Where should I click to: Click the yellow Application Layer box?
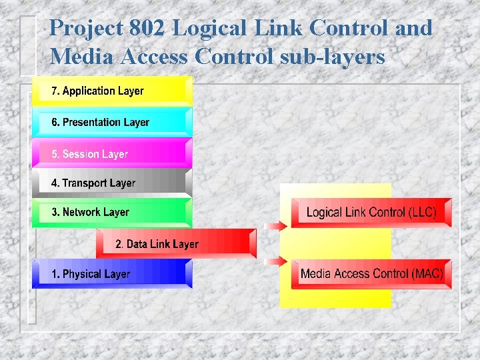[x=111, y=91]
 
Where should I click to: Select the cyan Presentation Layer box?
[x=111, y=122]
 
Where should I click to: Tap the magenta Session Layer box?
[x=111, y=153]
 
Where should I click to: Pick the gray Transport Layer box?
[x=111, y=183]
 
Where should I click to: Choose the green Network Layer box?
[x=111, y=212]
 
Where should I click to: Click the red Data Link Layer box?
[x=175, y=243]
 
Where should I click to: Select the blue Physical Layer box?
[x=111, y=273]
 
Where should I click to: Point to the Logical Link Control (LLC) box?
[x=371, y=213]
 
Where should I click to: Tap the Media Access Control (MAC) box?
[x=371, y=273]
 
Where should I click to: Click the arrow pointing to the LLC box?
[x=275, y=226]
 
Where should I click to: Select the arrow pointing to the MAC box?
[x=275, y=261]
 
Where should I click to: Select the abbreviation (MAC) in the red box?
[x=427, y=273]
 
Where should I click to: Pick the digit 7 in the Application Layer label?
[x=55, y=91]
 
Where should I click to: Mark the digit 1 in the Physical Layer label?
[x=55, y=274]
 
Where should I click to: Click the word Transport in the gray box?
[x=84, y=183]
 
